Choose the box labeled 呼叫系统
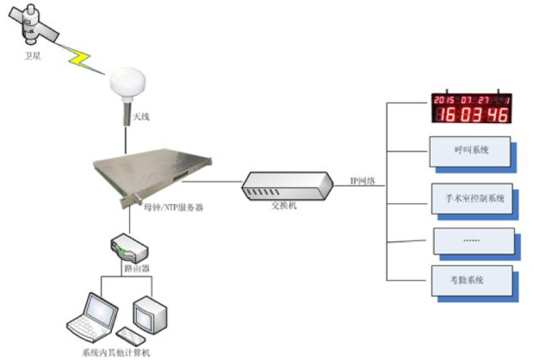coord(469,151)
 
